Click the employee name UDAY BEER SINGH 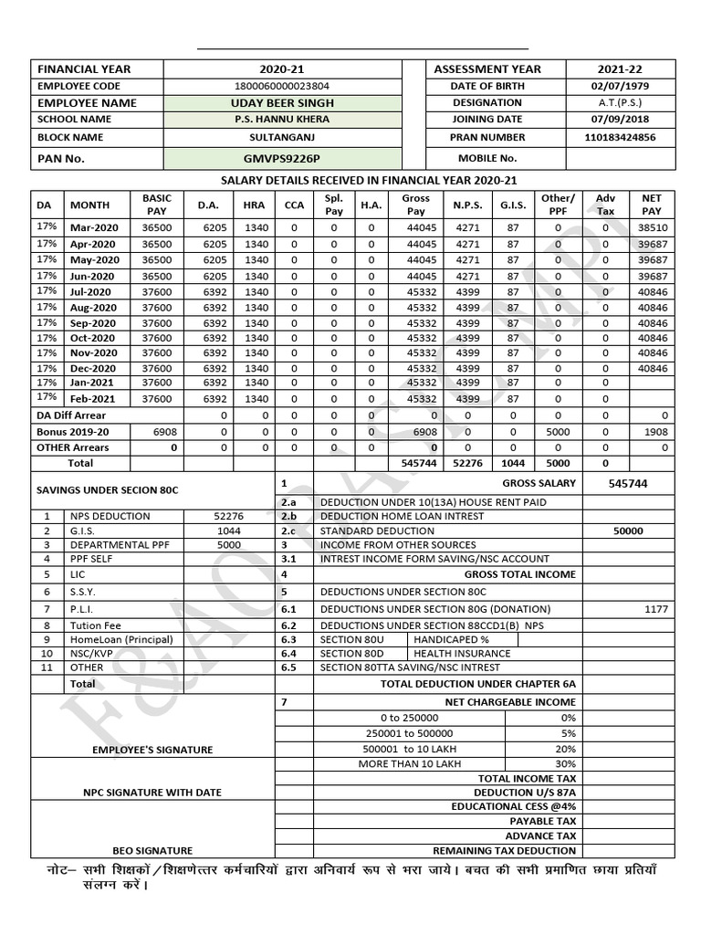click(282, 102)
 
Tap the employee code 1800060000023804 click(282, 86)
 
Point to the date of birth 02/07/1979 click(621, 86)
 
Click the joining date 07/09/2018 click(621, 120)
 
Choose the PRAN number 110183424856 click(621, 137)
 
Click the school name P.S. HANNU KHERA click(282, 120)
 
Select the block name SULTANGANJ click(282, 137)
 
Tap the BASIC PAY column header click(157, 205)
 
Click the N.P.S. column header click(467, 205)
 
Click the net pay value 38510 click(653, 226)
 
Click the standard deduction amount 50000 click(628, 531)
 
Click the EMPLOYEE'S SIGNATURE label click(152, 750)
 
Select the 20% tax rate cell click(565, 749)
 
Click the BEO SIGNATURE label click(152, 850)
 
